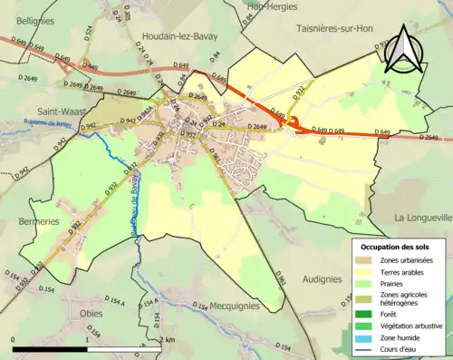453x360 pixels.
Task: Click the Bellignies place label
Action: [29, 19]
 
